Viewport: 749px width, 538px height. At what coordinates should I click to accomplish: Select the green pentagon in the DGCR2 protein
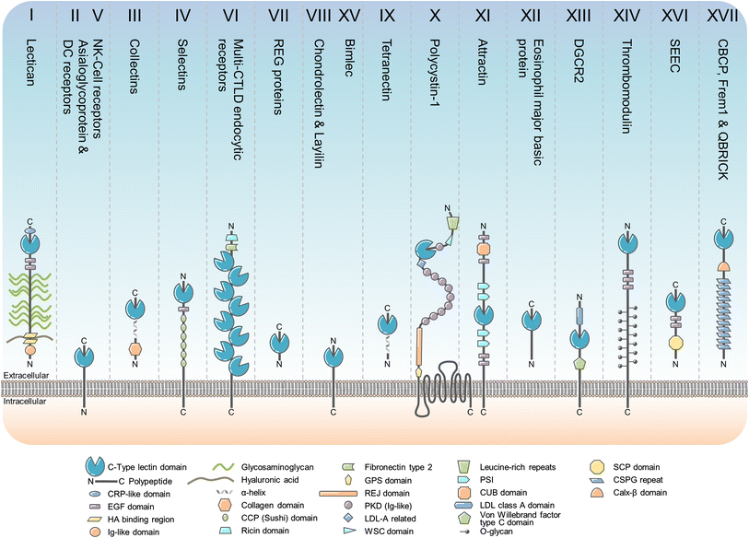[x=579, y=363]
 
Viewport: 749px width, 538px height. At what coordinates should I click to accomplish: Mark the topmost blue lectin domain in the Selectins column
[x=181, y=293]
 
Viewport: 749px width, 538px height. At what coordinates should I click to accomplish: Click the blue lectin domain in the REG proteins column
[x=280, y=342]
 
